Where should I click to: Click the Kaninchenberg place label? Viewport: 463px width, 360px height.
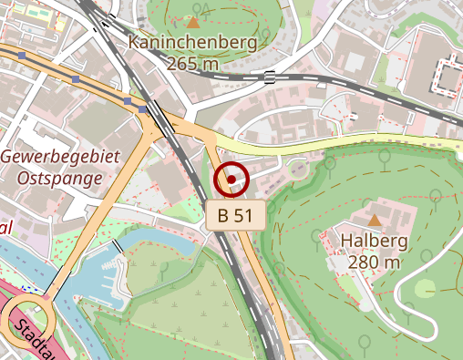tap(192, 42)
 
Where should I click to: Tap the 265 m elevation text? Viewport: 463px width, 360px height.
tap(192, 63)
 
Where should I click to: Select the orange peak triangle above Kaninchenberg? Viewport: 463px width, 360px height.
tap(192, 21)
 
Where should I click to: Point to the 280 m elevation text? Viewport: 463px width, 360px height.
tap(374, 262)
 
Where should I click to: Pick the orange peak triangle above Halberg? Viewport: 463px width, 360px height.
tap(375, 220)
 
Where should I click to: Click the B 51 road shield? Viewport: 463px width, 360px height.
tap(235, 216)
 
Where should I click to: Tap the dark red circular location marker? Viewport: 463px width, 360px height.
tap(231, 179)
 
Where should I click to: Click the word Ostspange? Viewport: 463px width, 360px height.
tap(60, 178)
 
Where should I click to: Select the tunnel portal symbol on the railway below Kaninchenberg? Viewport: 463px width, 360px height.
tap(271, 77)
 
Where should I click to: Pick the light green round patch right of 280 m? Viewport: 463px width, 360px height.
tap(426, 289)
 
